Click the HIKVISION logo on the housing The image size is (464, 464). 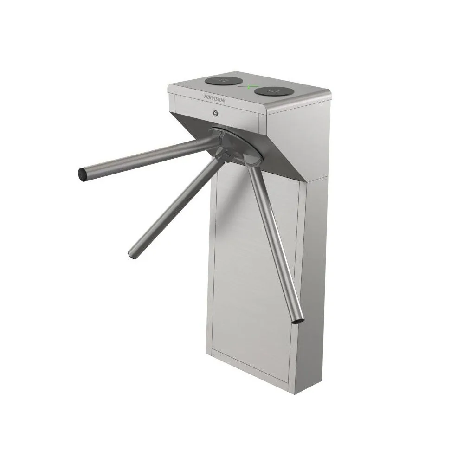(214, 98)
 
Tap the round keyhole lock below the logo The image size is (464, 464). (215, 113)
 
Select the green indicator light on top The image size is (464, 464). (250, 86)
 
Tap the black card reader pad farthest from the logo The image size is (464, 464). (274, 91)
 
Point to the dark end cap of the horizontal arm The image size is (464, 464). (82, 174)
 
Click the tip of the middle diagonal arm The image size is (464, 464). (132, 254)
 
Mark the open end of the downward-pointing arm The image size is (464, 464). (298, 320)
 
